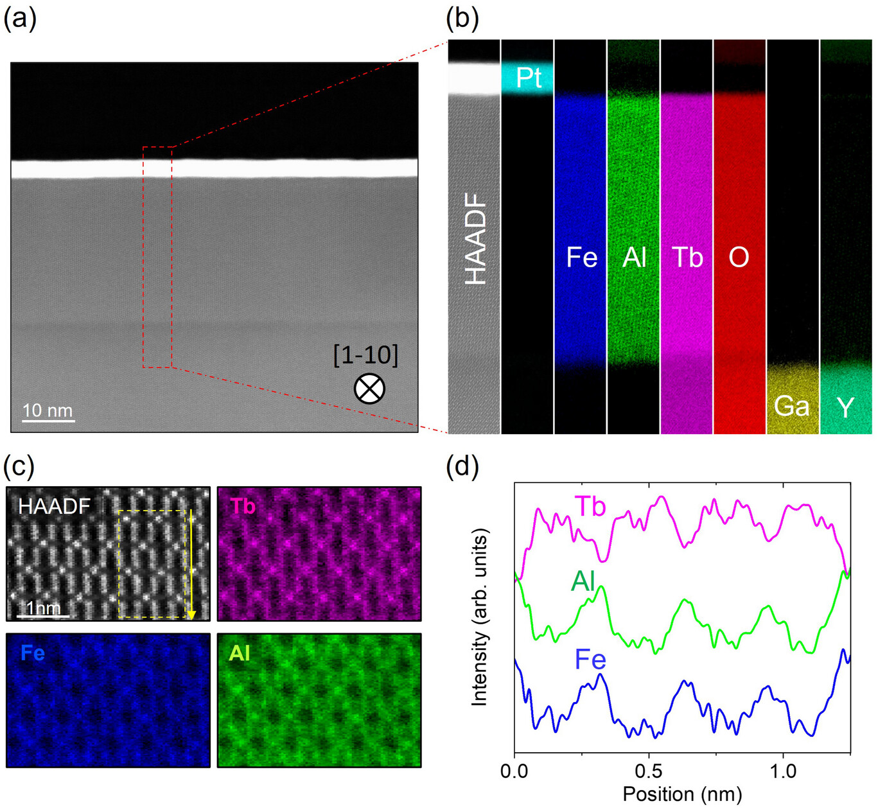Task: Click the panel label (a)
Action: [x=20, y=20]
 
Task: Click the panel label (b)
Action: [x=462, y=20]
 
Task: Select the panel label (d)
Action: [x=462, y=469]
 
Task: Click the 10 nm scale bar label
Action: [x=48, y=410]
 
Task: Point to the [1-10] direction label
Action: [x=366, y=355]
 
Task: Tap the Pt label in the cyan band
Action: [x=529, y=78]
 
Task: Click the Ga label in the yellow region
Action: [x=792, y=406]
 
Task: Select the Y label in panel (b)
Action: [x=846, y=407]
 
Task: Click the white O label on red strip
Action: [x=739, y=258]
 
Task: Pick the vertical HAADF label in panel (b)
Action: [x=475, y=239]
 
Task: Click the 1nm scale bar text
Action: [x=43, y=608]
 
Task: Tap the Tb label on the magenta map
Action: [x=243, y=505]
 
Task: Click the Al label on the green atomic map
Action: [x=239, y=653]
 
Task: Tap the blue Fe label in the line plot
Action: [x=590, y=660]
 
